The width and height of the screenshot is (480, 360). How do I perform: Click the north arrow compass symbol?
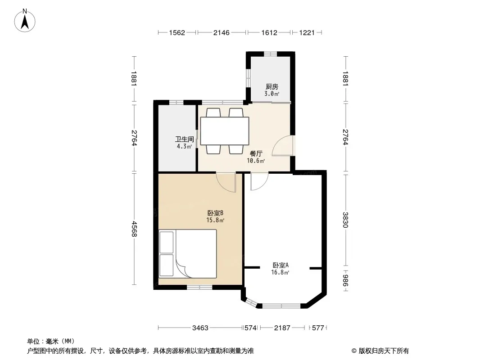pos(25,21)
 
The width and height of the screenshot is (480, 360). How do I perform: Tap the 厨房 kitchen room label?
pos(272,86)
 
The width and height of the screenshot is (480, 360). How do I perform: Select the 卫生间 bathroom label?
pos(184,139)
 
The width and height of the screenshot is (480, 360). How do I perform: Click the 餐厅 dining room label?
pos(256,153)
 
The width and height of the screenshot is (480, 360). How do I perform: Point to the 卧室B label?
pos(215,213)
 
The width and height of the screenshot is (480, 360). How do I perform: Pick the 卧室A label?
pos(281,265)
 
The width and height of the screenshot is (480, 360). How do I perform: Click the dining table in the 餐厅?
pos(224,131)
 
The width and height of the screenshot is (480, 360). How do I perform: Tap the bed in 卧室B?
pos(187,253)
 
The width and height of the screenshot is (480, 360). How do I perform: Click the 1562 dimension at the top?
pos(177,32)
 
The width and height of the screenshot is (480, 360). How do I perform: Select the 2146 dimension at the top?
pos(222,32)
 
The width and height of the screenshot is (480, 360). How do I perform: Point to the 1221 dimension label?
pos(307,32)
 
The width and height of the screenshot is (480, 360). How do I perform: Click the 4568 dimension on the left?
pos(134,229)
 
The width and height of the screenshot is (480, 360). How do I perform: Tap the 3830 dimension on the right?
pos(345,220)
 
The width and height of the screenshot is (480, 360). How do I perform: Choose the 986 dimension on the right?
pos(345,280)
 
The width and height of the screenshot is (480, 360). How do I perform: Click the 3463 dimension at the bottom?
pos(200,328)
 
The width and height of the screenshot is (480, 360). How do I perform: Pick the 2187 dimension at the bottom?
pos(282,328)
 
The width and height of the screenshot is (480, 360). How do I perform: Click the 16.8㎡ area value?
pos(280,272)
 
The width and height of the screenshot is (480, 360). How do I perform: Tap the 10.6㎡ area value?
pos(256,161)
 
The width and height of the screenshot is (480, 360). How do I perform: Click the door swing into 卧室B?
pos(226,182)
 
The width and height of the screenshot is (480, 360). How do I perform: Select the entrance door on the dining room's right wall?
pos(282,146)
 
